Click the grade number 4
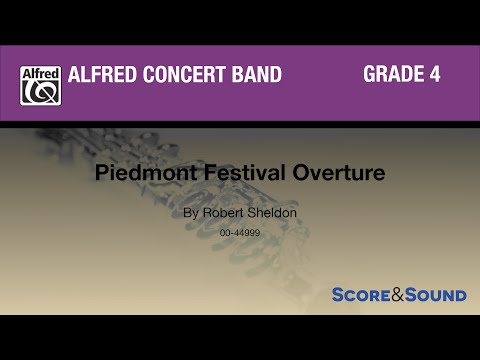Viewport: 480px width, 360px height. [x=435, y=75]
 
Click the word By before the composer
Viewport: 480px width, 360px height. [x=191, y=213]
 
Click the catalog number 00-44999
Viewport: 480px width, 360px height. [x=240, y=232]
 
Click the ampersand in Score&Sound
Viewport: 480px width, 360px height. [x=397, y=295]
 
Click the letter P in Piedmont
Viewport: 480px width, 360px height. [x=130, y=171]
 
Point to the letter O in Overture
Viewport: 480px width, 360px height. [x=296, y=171]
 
